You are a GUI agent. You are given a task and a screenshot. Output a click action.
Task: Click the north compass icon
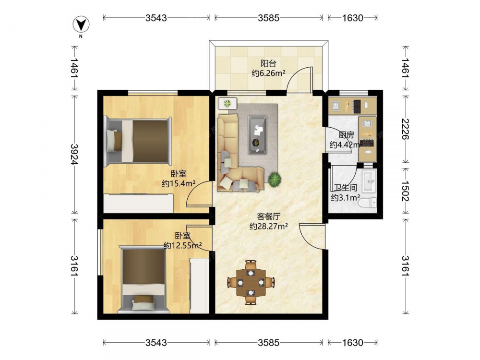(81, 25)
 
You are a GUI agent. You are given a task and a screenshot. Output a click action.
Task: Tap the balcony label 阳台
(268, 63)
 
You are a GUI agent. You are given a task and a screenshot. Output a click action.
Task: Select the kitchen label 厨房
(346, 135)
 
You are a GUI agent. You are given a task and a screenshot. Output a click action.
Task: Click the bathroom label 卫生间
(346, 187)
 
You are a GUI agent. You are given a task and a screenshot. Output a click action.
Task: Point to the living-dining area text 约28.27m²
(268, 226)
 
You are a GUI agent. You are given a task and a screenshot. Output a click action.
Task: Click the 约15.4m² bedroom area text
(179, 183)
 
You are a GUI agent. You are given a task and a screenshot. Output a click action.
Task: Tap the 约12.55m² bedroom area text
(182, 245)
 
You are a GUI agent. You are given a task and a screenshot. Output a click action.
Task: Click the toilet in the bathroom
(369, 203)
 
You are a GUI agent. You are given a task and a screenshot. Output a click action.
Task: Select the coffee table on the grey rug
(257, 135)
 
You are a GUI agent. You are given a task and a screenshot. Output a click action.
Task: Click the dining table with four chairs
(251, 282)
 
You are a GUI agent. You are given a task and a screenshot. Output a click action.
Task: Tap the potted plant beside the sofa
(275, 180)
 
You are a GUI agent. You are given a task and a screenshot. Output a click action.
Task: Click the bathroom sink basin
(369, 181)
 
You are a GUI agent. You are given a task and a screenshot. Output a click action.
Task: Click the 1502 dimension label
(405, 191)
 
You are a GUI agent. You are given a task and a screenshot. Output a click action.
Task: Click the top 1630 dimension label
(352, 18)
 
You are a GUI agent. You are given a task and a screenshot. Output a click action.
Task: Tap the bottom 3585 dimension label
(268, 343)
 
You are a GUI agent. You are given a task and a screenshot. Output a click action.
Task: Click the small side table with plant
(228, 104)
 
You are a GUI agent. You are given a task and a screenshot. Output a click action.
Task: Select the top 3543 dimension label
(156, 18)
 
